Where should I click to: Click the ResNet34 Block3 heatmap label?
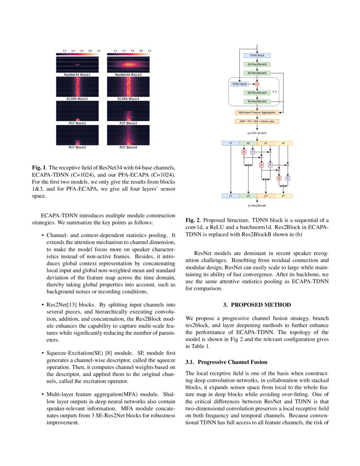[x=128, y=75]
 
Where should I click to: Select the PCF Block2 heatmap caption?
[x=77, y=147]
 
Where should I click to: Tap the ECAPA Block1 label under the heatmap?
[x=77, y=99]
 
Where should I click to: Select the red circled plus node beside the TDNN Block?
[x=257, y=84]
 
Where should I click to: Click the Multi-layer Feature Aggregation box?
[x=257, y=112]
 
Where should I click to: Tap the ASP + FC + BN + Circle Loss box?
[x=257, y=121]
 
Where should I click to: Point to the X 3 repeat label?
[x=274, y=92]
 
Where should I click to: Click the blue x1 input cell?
[x=231, y=143]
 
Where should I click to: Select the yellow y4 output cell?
[x=283, y=196]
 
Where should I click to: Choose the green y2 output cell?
[x=248, y=196]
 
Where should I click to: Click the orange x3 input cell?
[x=266, y=143]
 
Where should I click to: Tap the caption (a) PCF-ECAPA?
[x=257, y=133]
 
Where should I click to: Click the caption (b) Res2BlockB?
[x=257, y=205]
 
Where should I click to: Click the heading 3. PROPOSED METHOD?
[x=257, y=305]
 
